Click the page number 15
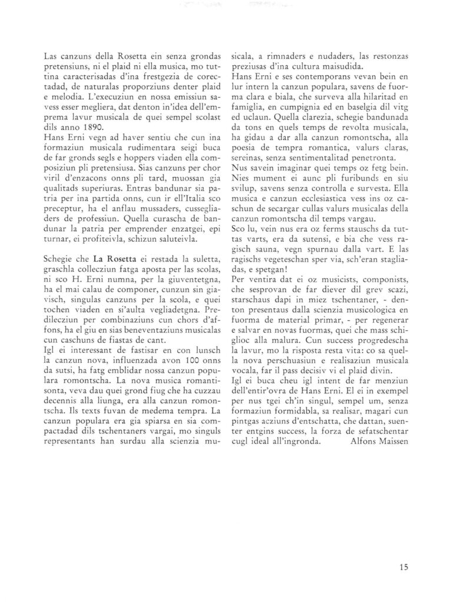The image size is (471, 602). pos(403,567)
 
